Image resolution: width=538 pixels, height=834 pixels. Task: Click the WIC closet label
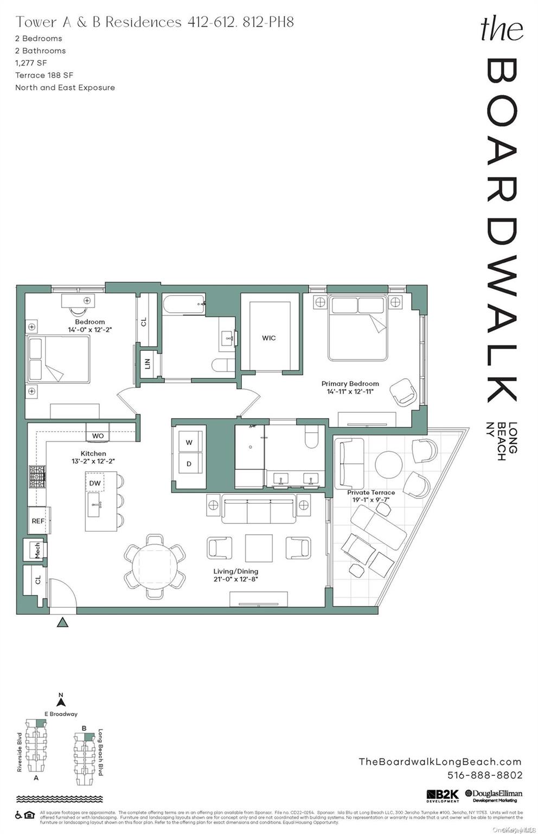(x=269, y=338)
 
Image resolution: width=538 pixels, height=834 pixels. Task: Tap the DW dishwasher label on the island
(x=95, y=483)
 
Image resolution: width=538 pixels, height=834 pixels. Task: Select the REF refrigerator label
(x=38, y=521)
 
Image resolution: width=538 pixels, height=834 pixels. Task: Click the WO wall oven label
(x=98, y=436)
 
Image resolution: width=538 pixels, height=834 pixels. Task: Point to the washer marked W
(x=189, y=443)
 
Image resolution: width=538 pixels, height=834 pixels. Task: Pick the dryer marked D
(x=189, y=464)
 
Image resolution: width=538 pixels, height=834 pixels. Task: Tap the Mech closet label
(x=37, y=550)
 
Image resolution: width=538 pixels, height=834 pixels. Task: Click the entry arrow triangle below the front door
(x=63, y=622)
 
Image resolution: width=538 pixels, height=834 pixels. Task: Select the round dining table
(x=155, y=566)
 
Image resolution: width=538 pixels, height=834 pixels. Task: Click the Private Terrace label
(x=371, y=492)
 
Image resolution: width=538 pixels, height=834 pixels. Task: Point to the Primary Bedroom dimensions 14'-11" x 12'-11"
(x=350, y=391)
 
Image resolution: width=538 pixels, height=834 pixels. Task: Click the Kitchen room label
(x=93, y=453)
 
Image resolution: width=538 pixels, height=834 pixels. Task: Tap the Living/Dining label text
(x=235, y=571)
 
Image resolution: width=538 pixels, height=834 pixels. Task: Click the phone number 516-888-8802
(x=484, y=775)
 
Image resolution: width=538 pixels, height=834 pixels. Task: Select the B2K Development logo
(x=443, y=796)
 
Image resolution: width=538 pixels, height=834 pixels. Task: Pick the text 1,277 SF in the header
(x=31, y=63)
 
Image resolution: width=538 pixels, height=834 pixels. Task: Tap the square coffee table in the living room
(x=259, y=548)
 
